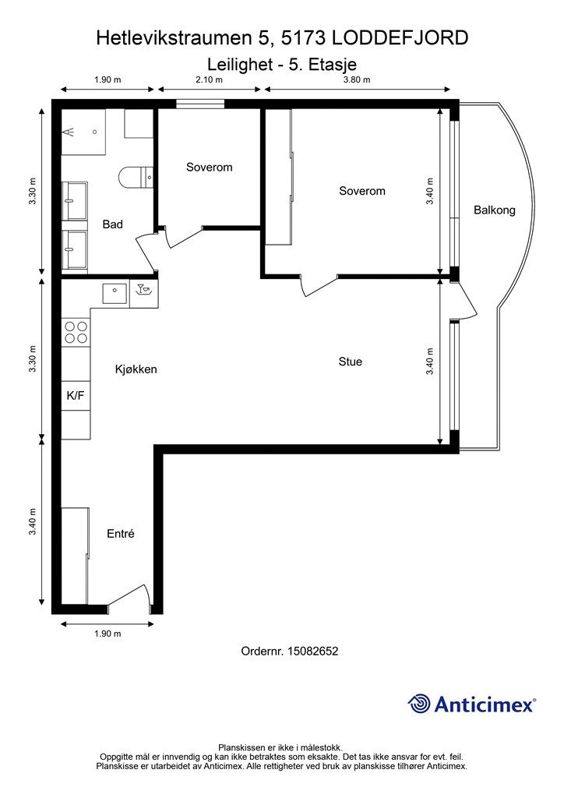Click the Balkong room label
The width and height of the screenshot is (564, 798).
(x=495, y=210)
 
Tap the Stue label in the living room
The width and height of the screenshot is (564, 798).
(x=351, y=362)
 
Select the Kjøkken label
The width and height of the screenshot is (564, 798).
(x=136, y=369)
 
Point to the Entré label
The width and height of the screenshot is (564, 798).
(x=121, y=533)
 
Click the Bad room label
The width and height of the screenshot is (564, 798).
(x=112, y=224)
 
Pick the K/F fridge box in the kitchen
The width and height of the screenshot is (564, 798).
(x=76, y=395)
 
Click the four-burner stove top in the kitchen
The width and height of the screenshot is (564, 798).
(x=76, y=332)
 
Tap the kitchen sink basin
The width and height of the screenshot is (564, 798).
(x=115, y=293)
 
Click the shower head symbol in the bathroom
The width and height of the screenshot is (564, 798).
(x=69, y=132)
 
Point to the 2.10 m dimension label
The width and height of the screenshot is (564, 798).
(x=209, y=79)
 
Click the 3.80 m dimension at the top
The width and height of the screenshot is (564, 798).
(x=357, y=79)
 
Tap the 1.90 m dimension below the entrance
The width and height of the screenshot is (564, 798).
(x=108, y=634)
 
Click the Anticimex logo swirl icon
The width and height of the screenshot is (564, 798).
(x=419, y=704)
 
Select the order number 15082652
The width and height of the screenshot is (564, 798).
(x=312, y=651)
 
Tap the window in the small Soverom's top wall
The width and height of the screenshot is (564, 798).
(x=200, y=104)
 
